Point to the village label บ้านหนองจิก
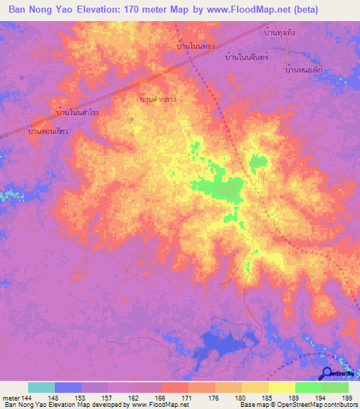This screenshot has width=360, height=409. (x=304, y=70)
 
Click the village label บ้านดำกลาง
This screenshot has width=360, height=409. (x=158, y=99)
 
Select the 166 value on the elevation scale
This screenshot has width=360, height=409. (x=162, y=398)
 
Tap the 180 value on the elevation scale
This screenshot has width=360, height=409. (x=241, y=398)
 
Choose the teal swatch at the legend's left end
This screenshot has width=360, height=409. (x=41, y=388)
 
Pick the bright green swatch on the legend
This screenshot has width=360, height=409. (x=308, y=388)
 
